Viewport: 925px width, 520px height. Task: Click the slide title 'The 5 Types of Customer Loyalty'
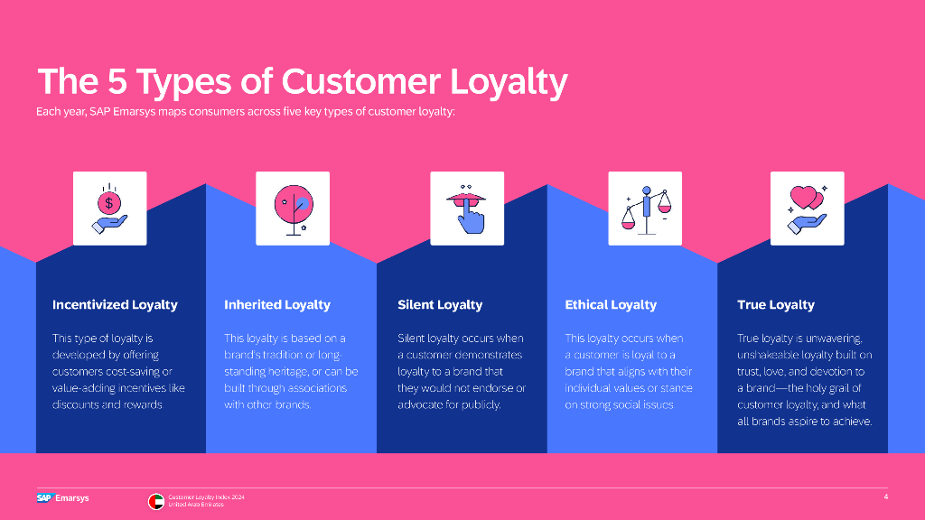point(302,81)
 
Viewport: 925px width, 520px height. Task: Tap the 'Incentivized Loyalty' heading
point(115,305)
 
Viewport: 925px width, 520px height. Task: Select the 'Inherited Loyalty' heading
point(277,305)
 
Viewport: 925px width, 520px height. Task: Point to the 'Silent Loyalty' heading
point(440,305)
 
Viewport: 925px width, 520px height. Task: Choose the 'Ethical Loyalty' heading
point(611,305)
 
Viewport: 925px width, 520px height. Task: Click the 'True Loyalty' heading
point(776,305)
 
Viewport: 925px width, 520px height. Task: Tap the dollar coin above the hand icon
point(109,203)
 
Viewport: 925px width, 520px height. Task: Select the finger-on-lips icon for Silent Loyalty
point(467,209)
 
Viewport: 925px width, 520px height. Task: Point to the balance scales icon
point(646,209)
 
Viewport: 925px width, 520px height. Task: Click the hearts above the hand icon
point(807,198)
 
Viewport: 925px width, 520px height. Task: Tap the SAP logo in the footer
point(45,498)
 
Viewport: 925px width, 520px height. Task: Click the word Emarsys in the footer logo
point(72,498)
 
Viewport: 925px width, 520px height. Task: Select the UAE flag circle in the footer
point(155,501)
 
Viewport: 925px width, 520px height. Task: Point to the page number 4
point(885,497)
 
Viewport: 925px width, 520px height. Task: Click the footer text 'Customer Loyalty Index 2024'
point(206,497)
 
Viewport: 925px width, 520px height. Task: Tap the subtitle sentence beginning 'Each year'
point(246,111)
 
